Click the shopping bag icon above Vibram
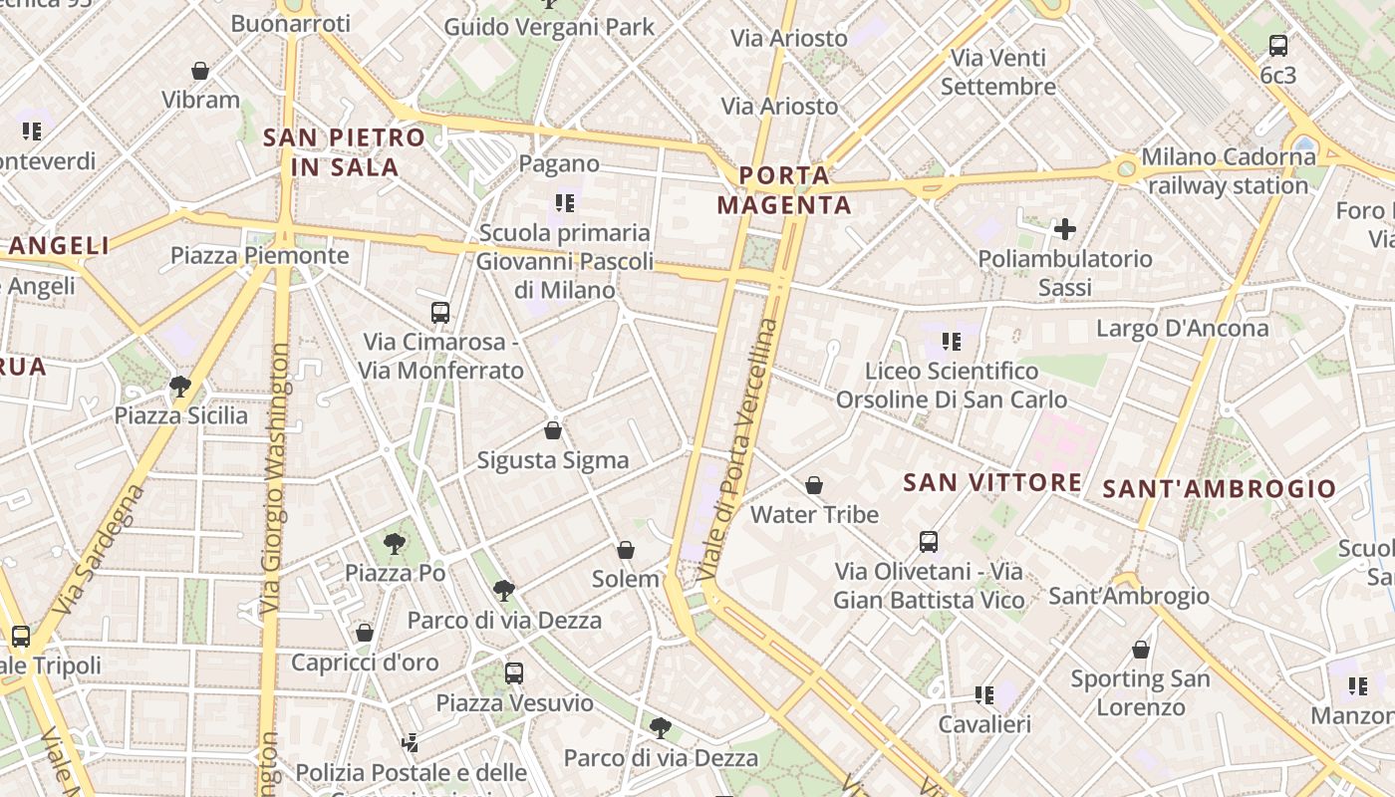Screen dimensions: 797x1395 click(200, 71)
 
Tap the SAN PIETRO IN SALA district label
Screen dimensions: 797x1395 click(345, 152)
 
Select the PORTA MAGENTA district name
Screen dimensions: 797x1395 click(784, 191)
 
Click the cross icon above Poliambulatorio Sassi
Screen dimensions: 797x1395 click(1065, 229)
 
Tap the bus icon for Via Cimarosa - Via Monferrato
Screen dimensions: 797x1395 click(440, 313)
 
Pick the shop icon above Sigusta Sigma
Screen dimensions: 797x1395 click(553, 430)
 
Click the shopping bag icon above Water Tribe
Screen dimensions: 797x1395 click(814, 485)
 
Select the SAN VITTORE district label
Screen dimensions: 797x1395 click(992, 483)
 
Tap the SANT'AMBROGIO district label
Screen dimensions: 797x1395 click(1221, 488)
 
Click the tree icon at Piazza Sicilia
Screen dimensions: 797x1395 click(180, 386)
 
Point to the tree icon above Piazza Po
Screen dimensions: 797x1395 click(395, 543)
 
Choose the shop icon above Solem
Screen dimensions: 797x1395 click(626, 550)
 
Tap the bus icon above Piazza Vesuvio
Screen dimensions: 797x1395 click(514, 672)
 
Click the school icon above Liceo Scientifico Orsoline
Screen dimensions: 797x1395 click(952, 342)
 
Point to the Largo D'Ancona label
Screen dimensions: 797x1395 click(1183, 329)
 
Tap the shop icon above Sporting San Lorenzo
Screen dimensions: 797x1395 click(1141, 651)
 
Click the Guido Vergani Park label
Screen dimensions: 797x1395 click(549, 27)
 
